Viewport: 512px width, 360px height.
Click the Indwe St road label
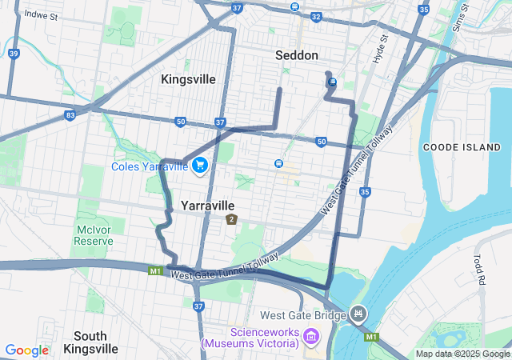tap(42, 14)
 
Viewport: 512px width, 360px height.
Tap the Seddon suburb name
tap(297, 55)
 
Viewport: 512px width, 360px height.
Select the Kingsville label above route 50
tap(188, 79)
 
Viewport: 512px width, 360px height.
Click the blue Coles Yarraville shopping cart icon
tap(200, 166)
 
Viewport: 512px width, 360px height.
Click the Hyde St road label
tap(379, 50)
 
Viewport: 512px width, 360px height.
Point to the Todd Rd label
tap(480, 270)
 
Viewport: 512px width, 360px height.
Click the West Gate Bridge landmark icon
tap(358, 314)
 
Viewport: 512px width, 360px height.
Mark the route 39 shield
tap(14, 54)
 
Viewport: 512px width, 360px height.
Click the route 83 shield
tap(71, 116)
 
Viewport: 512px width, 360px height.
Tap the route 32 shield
tap(317, 16)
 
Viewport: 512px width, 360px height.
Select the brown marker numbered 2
tap(231, 219)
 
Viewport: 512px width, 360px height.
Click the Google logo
tap(26, 350)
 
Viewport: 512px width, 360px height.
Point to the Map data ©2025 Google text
tap(462, 354)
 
